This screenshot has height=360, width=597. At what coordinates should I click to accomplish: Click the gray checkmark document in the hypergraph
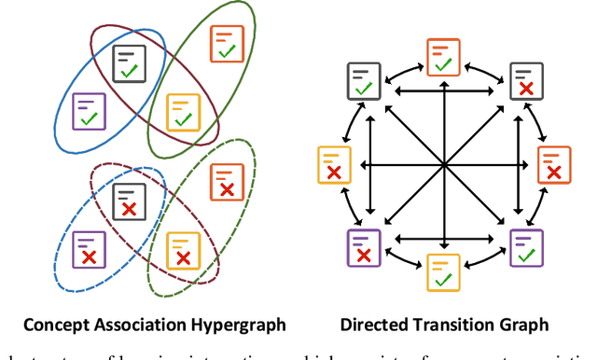pos(129,63)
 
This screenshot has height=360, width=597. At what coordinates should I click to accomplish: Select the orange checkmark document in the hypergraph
pos(226,43)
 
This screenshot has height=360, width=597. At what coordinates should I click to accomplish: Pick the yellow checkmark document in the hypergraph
pos(181,112)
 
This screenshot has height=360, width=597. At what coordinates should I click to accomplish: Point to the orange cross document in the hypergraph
pos(224,181)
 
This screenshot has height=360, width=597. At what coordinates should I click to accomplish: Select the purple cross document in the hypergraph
pos(89,247)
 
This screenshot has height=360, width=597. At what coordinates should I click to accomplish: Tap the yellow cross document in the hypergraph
pos(181,249)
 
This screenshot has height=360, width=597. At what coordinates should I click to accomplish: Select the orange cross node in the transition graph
pos(553,164)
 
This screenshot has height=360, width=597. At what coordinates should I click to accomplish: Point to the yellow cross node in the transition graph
pos(332,164)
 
